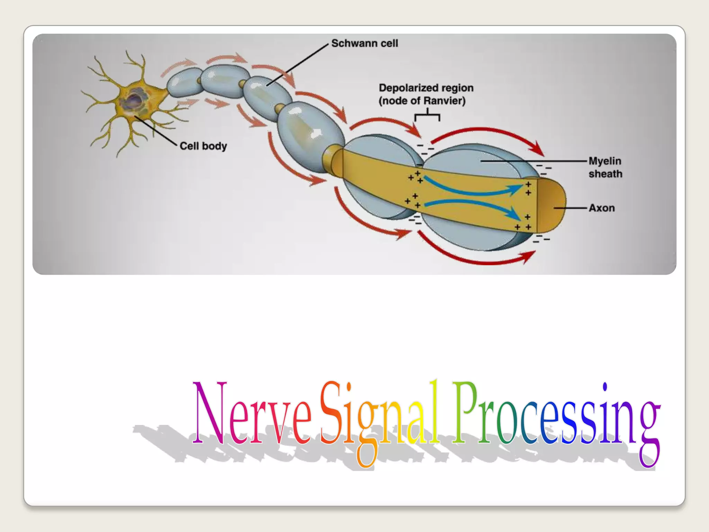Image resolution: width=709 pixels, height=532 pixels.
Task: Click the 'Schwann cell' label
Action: pyautogui.click(x=365, y=43)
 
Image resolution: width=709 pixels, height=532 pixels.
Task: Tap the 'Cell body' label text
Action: pyautogui.click(x=203, y=146)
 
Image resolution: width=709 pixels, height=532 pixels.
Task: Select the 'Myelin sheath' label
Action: pyautogui.click(x=605, y=167)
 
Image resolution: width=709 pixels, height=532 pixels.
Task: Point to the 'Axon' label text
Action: pyautogui.click(x=602, y=208)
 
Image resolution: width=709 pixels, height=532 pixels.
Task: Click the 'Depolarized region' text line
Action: pyautogui.click(x=426, y=88)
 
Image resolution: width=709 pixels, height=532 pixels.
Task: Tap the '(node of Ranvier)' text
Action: pyautogui.click(x=422, y=101)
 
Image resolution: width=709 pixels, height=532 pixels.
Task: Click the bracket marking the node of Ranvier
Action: pyautogui.click(x=427, y=115)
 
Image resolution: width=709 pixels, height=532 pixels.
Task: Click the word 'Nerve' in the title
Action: pyautogui.click(x=252, y=414)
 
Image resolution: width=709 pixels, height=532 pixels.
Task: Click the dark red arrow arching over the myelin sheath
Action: pyautogui.click(x=485, y=132)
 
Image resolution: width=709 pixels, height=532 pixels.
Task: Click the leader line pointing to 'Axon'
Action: pyautogui.click(x=569, y=208)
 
